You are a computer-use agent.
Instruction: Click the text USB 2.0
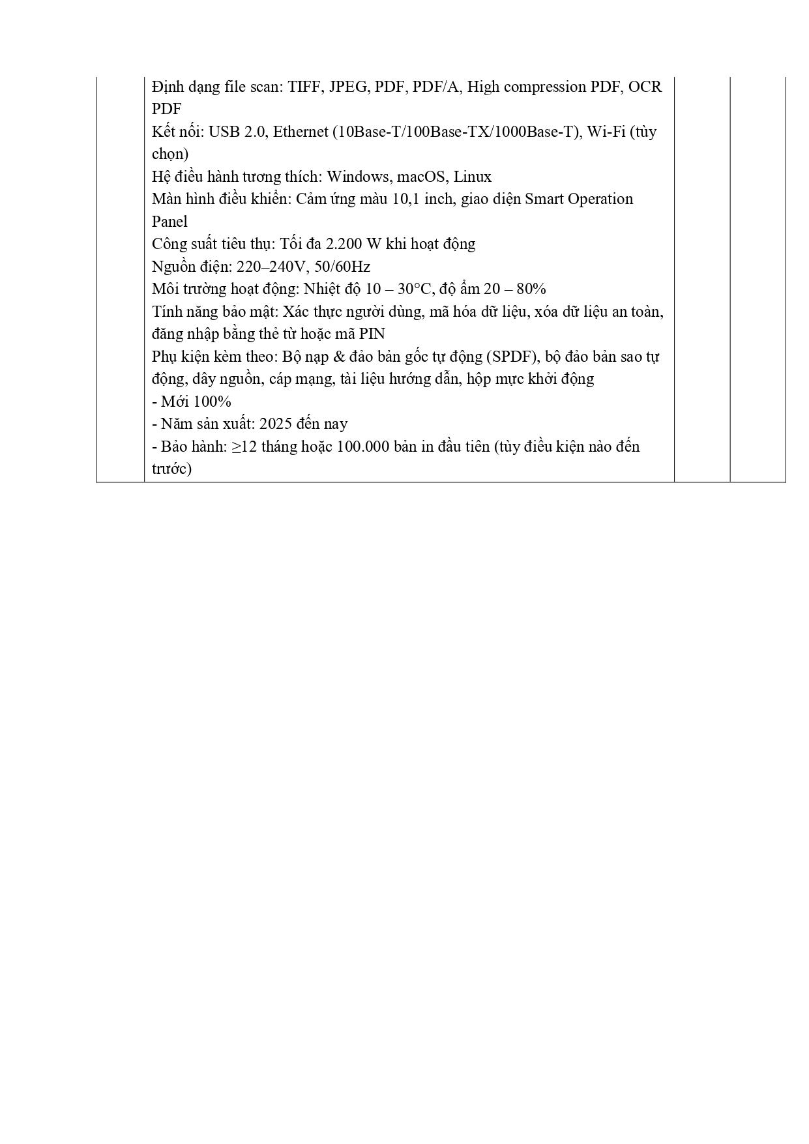coord(238,132)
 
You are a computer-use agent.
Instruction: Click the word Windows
coord(359,177)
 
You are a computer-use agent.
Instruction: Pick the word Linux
coord(473,177)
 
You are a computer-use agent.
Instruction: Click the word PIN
coord(372,334)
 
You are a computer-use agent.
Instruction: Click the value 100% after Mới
coord(213,402)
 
